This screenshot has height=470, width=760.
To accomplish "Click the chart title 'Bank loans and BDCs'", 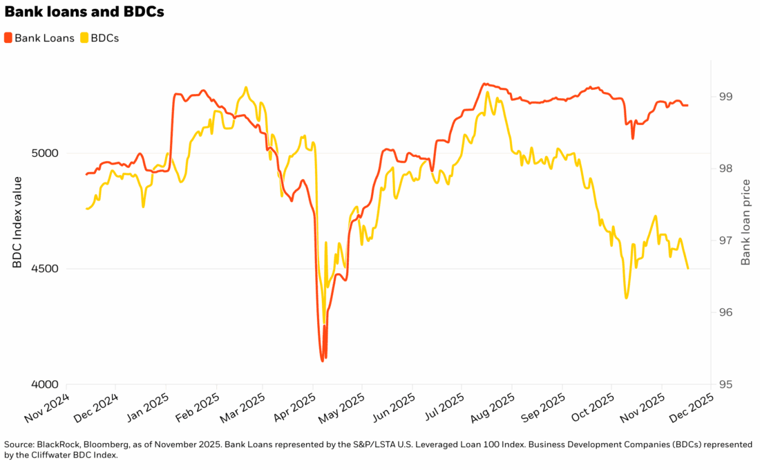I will click(x=84, y=12).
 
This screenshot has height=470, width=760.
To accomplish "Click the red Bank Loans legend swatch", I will click(x=8, y=38).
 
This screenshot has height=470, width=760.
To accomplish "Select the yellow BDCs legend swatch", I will click(x=85, y=38).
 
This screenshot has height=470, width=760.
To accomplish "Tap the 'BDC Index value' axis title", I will click(x=17, y=221).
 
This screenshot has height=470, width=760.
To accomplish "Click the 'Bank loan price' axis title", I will click(x=745, y=221).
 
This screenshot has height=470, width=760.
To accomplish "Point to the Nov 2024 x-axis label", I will click(x=46, y=409).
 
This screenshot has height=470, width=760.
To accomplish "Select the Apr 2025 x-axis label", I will click(x=292, y=409).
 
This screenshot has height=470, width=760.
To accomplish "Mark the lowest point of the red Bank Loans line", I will click(x=323, y=360).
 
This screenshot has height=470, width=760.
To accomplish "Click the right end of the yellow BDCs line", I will click(x=687, y=268).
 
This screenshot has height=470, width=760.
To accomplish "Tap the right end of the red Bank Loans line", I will click(x=687, y=105).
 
